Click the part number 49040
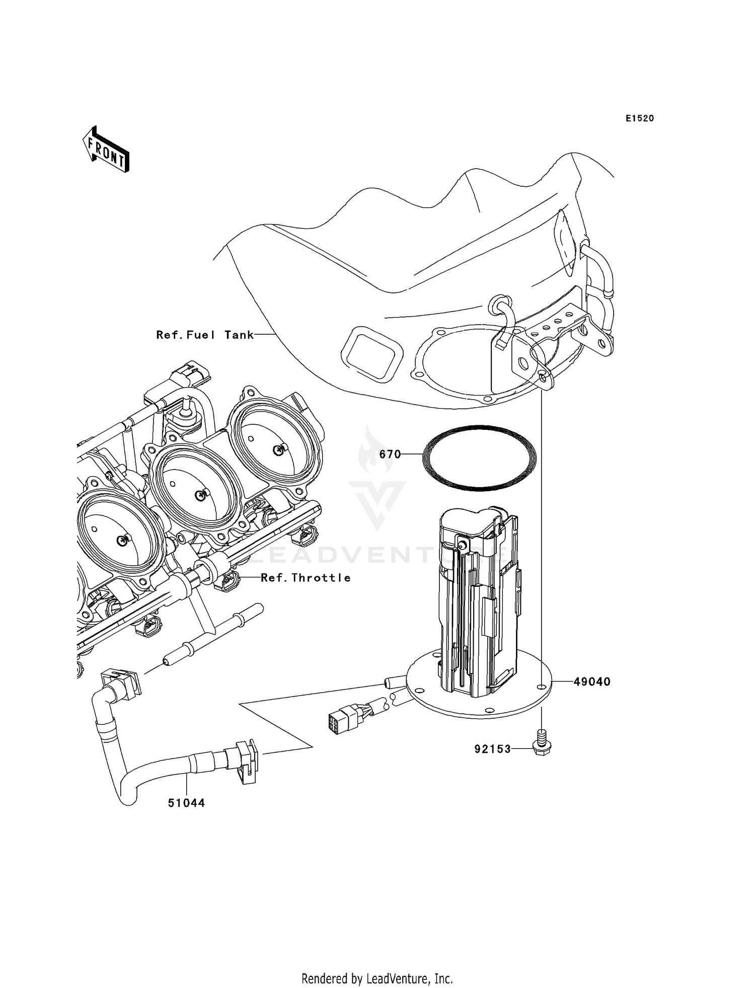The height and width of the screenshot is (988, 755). point(592,682)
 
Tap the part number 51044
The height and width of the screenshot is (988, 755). point(186,803)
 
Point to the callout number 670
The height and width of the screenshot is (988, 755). point(390,454)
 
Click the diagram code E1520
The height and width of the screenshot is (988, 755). point(640,119)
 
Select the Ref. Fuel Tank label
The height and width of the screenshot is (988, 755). point(205,335)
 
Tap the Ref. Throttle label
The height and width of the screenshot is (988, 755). point(306,578)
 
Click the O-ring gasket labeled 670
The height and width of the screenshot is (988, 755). point(479,458)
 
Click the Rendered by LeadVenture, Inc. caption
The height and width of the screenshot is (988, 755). point(377,979)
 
